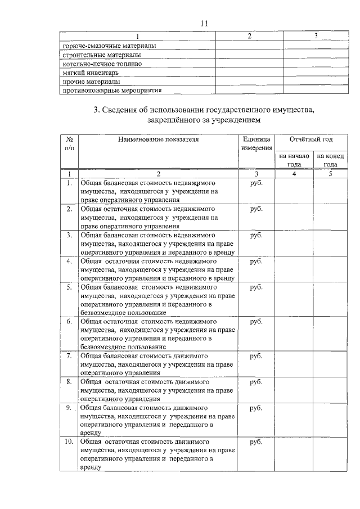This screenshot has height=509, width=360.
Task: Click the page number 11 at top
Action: tap(204, 23)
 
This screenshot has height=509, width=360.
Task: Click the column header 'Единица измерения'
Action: tap(256, 143)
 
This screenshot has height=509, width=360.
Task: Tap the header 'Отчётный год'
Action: tap(311, 138)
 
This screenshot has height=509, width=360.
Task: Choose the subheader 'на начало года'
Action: tap(294, 160)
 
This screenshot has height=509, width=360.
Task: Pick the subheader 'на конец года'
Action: tap(331, 160)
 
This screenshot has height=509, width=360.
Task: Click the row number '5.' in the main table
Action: tap(68, 287)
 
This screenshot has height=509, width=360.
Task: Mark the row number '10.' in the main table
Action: tap(68, 442)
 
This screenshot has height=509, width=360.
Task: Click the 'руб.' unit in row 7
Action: tap(256, 357)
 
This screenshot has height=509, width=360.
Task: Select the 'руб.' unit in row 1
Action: tap(256, 183)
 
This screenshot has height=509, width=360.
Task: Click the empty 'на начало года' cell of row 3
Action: tap(294, 243)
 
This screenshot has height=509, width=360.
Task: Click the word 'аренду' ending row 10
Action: tap(91, 467)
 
